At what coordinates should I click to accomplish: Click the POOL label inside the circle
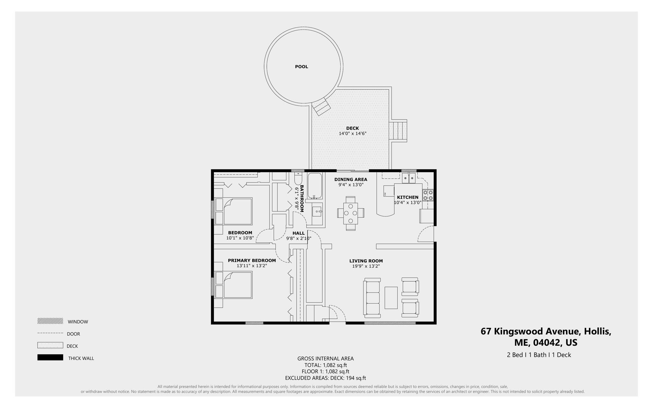coord(301,67)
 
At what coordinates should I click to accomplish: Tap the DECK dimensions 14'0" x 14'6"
coord(352,134)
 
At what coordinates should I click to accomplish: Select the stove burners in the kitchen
coord(428,195)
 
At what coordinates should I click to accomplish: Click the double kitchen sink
coord(409,178)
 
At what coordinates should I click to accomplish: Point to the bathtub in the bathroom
coord(315,186)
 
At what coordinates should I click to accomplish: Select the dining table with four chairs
coord(350,213)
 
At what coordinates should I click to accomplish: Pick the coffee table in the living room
coord(391,298)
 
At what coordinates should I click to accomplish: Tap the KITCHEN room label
coord(407,197)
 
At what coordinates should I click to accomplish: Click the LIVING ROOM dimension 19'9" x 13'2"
coord(366,266)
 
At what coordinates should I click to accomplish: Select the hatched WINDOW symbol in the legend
coord(50,321)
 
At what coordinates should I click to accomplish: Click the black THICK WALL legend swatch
coord(50,358)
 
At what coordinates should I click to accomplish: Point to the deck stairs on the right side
coord(398,131)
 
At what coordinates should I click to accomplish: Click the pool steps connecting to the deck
coord(321,107)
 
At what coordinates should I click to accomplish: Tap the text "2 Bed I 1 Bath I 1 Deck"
coord(539,355)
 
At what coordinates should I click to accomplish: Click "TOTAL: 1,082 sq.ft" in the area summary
coord(325,365)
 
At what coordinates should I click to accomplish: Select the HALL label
coord(298,233)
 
